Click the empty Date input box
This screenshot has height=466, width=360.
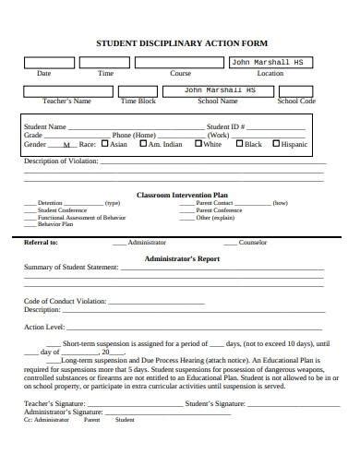coord(43,63)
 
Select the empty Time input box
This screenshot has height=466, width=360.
coord(104,63)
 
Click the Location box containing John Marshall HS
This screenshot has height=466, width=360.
coord(270,63)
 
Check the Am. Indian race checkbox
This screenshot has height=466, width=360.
coord(143,144)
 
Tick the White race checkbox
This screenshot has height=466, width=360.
coord(198,144)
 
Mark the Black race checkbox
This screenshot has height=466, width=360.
coord(238,144)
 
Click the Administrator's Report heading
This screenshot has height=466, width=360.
coord(181,259)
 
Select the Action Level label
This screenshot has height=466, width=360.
coord(43,327)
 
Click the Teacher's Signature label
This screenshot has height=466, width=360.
coord(54,403)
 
